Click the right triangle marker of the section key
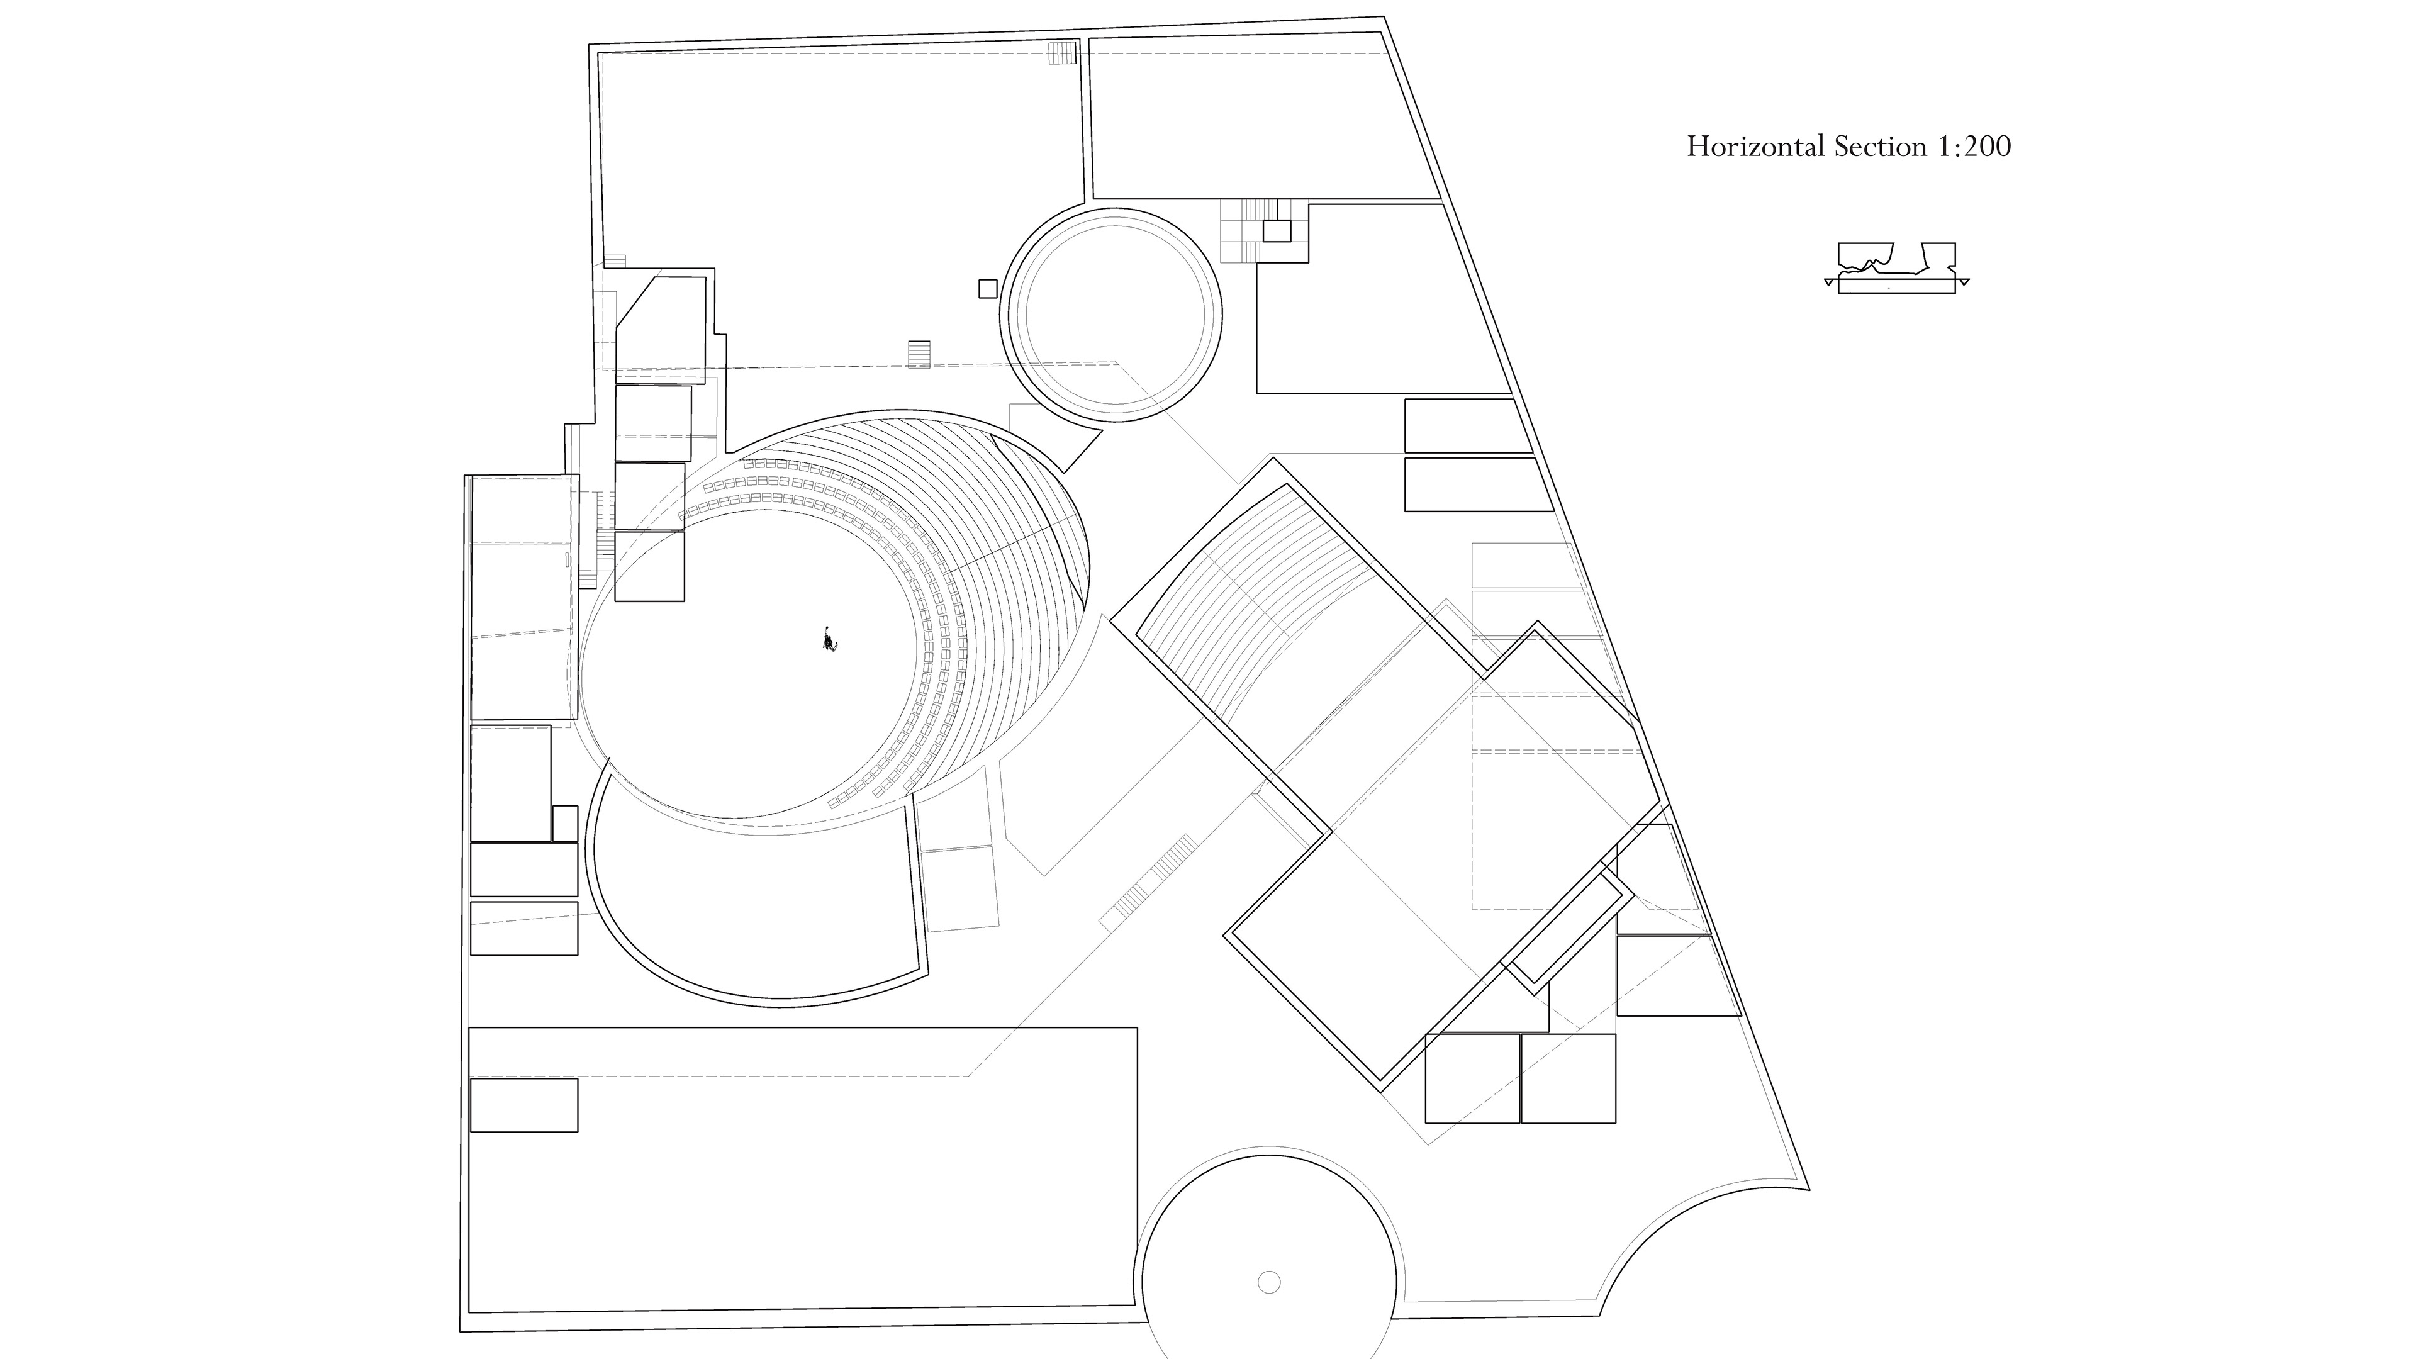point(1963,281)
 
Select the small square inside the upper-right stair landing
point(1277,231)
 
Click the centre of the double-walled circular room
point(1112,315)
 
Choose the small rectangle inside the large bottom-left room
point(523,1105)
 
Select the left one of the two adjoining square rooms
point(1472,1078)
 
